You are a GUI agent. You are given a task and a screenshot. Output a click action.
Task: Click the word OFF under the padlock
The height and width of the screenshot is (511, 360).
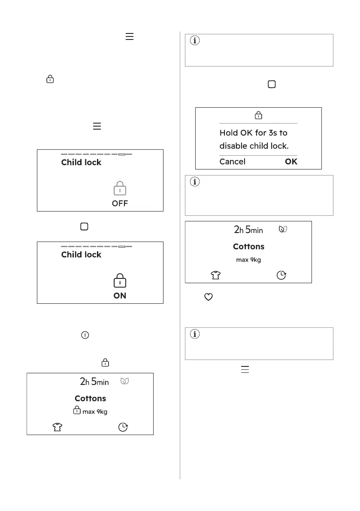click(x=120, y=203)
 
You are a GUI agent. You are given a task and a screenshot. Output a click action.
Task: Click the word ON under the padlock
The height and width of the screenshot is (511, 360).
click(x=120, y=296)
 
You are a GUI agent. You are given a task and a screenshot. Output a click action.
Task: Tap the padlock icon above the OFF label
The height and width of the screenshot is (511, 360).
click(x=120, y=189)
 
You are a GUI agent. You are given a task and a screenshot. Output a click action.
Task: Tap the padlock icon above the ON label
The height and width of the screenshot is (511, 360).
click(x=120, y=281)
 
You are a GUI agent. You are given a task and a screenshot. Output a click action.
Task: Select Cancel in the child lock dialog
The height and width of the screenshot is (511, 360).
click(x=232, y=162)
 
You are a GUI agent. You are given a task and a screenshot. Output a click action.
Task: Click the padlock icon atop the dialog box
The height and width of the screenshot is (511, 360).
click(x=258, y=115)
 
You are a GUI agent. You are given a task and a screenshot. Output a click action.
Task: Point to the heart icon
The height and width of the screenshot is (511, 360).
click(x=209, y=296)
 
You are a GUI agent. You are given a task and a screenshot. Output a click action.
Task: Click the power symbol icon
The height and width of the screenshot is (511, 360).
click(x=85, y=336)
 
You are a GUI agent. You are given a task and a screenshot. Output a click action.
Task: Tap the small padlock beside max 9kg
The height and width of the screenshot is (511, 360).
click(x=76, y=411)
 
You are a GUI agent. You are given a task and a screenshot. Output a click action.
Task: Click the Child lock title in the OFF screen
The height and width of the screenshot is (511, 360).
click(x=81, y=162)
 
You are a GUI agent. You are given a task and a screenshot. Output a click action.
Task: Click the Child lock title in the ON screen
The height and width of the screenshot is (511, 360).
click(x=81, y=254)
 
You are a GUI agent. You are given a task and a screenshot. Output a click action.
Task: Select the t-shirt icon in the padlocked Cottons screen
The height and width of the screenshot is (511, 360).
click(x=57, y=427)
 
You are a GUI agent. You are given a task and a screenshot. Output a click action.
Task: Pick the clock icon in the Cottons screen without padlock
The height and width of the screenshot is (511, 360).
click(x=281, y=275)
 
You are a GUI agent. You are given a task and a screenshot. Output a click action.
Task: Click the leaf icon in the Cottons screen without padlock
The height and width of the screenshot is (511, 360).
click(x=282, y=229)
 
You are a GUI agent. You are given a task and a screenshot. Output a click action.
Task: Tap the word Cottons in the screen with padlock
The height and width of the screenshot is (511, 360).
click(x=90, y=398)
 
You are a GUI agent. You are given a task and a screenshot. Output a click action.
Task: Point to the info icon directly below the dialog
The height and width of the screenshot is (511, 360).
click(x=195, y=182)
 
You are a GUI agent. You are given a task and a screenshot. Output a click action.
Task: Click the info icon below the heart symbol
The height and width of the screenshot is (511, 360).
click(x=195, y=335)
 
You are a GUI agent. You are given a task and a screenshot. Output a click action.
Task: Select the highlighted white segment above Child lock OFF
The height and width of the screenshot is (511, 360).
click(x=121, y=154)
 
